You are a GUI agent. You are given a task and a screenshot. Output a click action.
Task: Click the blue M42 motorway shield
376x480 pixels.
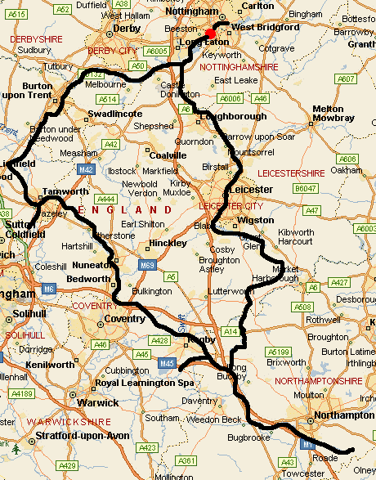point(87,169)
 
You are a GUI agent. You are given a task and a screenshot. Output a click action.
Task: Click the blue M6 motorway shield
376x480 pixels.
point(50,289)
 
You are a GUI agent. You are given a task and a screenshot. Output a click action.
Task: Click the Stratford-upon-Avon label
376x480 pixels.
point(83,436)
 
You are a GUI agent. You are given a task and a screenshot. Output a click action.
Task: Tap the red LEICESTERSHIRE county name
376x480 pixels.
point(291,173)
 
